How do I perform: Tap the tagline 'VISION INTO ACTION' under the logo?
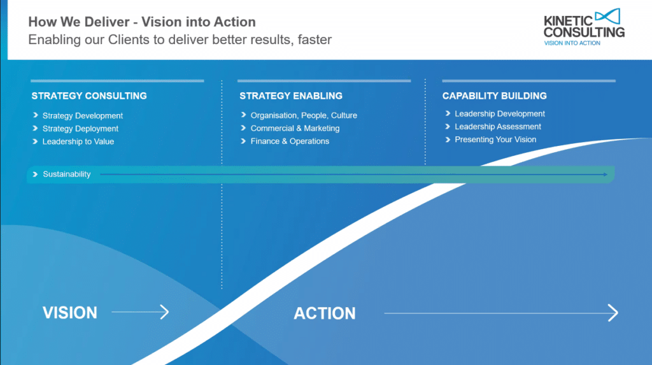click(572, 43)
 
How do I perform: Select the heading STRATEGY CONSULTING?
click(89, 96)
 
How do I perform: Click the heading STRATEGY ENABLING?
click(291, 96)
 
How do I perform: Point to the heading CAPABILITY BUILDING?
click(495, 96)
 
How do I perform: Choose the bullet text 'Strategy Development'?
click(83, 116)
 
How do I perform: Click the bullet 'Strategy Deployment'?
click(80, 129)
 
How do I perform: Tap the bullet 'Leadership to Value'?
click(78, 141)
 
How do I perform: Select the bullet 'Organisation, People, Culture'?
click(304, 115)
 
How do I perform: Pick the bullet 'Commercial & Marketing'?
click(295, 128)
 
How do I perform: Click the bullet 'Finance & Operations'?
click(290, 141)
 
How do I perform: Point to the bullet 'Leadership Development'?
click(500, 114)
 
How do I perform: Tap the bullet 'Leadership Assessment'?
click(498, 127)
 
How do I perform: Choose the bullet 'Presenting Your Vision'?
click(495, 140)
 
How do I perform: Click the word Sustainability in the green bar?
click(67, 175)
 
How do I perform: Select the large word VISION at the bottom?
click(70, 313)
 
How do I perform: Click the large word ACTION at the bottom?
click(325, 313)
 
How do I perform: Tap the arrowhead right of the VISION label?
click(164, 312)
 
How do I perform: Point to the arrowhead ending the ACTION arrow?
click(613, 313)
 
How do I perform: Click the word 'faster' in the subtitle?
click(312, 39)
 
